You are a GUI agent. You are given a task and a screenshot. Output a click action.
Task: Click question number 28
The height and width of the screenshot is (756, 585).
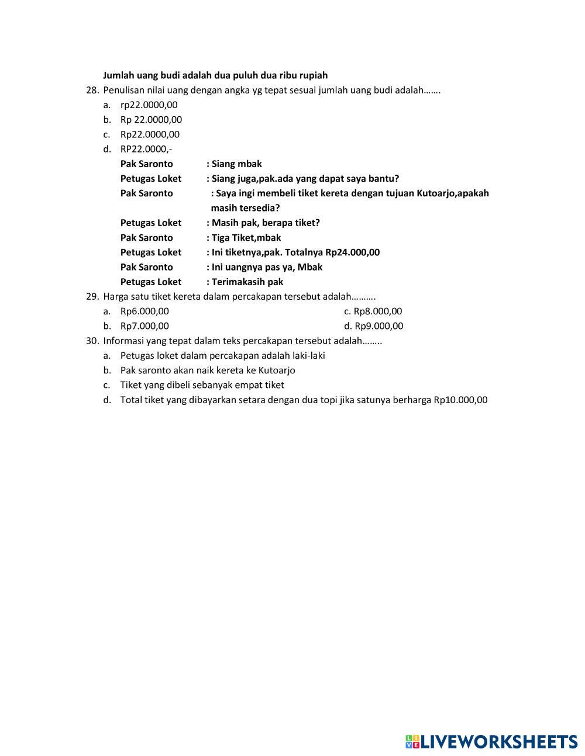click(x=92, y=91)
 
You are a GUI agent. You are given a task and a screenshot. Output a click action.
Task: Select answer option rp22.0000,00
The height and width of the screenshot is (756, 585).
click(x=149, y=105)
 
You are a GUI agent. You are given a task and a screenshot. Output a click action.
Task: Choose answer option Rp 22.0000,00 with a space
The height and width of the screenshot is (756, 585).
click(x=151, y=120)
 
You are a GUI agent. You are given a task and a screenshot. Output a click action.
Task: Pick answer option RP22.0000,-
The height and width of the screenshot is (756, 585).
click(x=146, y=149)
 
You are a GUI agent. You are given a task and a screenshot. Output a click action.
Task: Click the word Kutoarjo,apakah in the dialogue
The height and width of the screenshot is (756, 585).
click(x=453, y=193)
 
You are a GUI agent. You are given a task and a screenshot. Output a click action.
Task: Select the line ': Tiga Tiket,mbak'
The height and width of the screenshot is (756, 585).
click(x=244, y=238)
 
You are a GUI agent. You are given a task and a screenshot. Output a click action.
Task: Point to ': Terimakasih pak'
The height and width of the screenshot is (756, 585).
click(x=245, y=282)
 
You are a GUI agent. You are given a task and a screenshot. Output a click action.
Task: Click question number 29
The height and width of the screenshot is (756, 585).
click(x=92, y=296)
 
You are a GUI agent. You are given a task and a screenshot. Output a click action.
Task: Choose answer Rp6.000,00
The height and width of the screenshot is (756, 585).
click(x=144, y=311)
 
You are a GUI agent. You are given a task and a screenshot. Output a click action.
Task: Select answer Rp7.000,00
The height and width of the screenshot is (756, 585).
click(x=144, y=326)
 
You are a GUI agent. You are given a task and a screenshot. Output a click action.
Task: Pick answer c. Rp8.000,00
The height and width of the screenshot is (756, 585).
click(x=373, y=311)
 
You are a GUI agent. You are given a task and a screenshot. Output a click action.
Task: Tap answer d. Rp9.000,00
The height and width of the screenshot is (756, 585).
click(x=374, y=326)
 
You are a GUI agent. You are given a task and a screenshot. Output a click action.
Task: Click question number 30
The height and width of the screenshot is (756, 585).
click(x=92, y=341)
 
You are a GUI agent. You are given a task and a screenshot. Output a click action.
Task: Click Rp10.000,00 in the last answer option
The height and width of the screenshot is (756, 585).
click(x=460, y=400)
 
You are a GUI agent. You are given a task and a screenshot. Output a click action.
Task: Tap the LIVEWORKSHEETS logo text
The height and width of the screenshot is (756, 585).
click(x=499, y=741)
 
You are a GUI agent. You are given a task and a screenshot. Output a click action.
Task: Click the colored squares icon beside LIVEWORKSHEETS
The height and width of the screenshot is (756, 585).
click(x=412, y=741)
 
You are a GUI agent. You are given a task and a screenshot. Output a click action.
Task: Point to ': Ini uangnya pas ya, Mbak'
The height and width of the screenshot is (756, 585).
click(x=264, y=267)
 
